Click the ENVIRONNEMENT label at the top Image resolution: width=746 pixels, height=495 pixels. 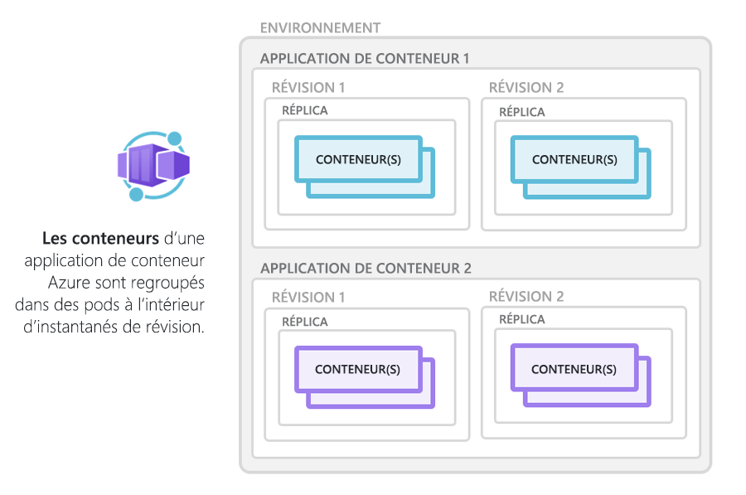320,27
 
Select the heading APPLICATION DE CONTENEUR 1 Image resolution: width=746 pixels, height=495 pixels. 365,59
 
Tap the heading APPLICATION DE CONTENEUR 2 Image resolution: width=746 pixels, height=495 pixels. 366,269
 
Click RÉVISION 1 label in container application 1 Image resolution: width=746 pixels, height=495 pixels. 308,88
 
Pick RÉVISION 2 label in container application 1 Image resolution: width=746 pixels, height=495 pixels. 526,88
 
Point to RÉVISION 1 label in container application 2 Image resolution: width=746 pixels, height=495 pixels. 308,297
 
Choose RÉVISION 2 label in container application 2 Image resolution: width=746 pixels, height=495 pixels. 526,297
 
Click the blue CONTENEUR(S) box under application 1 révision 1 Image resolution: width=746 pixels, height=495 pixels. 358,159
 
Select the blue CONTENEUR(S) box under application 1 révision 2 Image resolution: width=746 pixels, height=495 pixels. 574,159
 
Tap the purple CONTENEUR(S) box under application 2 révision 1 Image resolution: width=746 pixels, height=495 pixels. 358,369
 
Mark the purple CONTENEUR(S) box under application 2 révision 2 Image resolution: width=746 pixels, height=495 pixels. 574,369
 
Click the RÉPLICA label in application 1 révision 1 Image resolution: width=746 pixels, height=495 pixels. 305,110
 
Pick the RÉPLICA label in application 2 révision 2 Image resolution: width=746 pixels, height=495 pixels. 522,319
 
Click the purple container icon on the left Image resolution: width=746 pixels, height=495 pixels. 153,166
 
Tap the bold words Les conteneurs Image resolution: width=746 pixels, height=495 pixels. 99,239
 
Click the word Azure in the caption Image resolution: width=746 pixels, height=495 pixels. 69,283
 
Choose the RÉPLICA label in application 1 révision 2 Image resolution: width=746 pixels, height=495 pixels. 522,111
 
